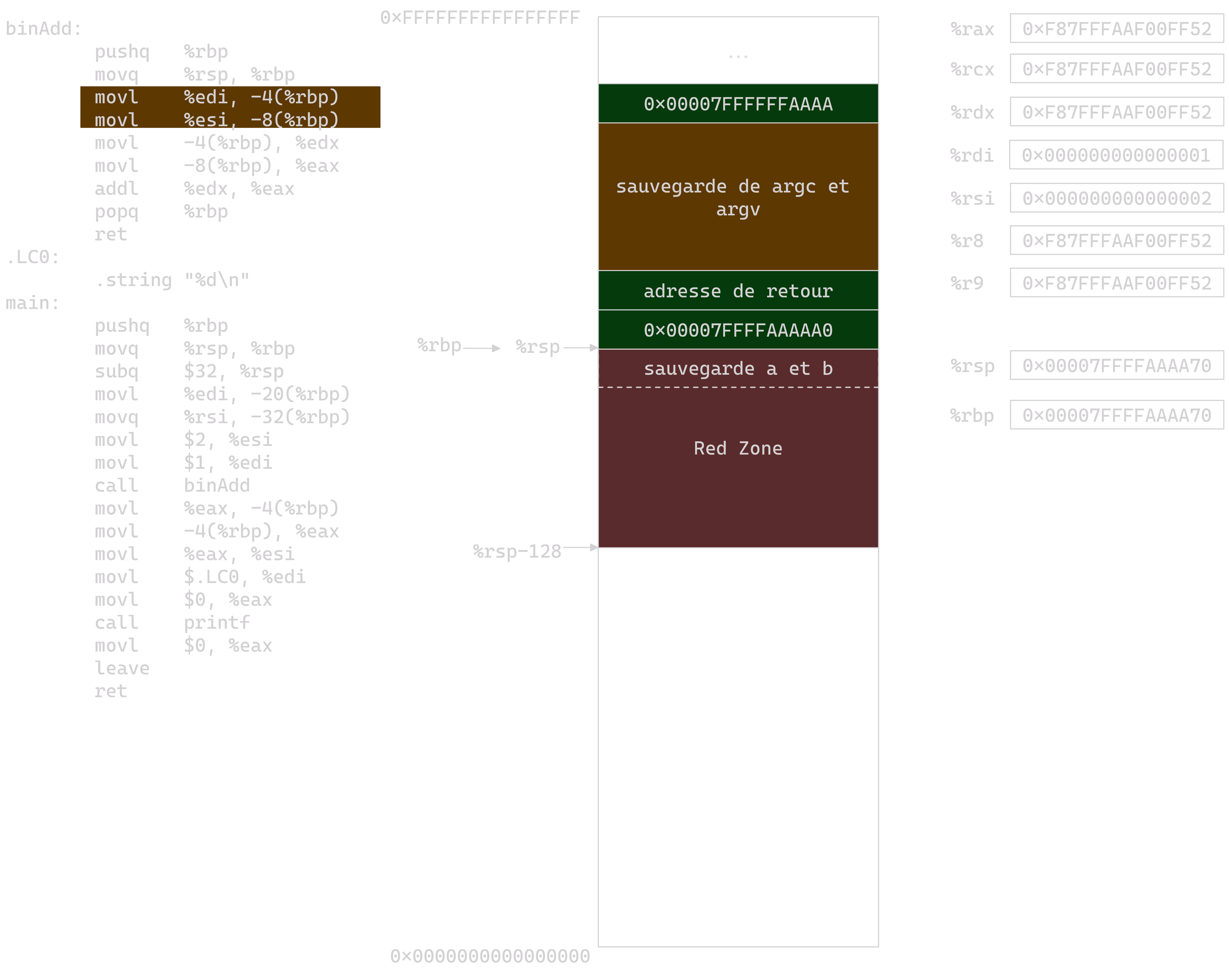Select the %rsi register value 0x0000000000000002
(x=1116, y=198)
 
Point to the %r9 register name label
(x=967, y=283)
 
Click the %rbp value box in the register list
(x=1116, y=415)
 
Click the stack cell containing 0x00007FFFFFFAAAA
(x=738, y=104)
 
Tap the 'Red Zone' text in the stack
(x=738, y=448)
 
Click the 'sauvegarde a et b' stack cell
(x=738, y=368)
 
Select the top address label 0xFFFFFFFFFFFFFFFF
(x=480, y=18)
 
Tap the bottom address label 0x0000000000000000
(x=490, y=956)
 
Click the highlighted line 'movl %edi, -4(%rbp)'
(x=217, y=97)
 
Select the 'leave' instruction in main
(x=122, y=668)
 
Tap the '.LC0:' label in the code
(x=32, y=257)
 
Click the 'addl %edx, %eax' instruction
(x=194, y=188)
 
